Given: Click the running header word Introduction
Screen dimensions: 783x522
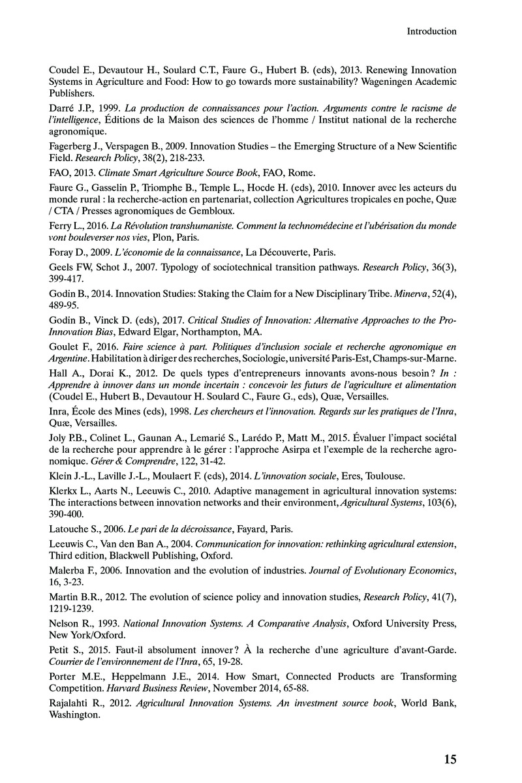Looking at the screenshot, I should [431, 31].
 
